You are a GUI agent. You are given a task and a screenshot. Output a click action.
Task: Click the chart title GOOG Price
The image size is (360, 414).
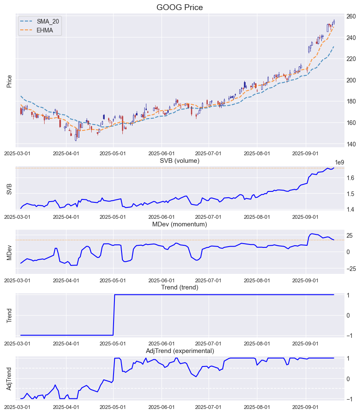(180, 7)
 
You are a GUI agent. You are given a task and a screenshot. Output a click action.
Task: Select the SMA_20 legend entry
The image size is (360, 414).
(46, 21)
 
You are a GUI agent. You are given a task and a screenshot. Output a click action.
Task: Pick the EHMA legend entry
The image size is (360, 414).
(45, 30)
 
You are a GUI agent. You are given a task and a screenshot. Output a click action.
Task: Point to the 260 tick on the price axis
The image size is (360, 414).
(351, 16)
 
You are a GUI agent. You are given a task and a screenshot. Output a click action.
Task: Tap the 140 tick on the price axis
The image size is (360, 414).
(351, 144)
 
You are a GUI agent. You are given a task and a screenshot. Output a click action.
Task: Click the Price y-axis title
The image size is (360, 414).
(9, 81)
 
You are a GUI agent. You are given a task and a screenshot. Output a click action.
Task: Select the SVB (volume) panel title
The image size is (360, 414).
(180, 161)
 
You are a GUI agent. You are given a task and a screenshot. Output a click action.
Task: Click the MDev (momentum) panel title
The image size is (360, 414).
(180, 224)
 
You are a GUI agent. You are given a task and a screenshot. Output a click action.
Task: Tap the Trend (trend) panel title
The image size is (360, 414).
(180, 287)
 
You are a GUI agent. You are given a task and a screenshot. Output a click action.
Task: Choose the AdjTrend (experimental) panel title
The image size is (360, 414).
(180, 351)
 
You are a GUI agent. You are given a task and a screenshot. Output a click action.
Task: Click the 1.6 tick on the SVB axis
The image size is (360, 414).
(351, 178)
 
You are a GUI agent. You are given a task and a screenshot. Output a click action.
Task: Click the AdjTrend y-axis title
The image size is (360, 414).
(9, 378)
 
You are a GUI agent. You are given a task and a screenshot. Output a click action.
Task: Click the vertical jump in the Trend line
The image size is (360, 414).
(114, 315)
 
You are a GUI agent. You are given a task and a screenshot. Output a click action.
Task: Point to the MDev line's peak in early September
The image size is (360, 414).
(312, 234)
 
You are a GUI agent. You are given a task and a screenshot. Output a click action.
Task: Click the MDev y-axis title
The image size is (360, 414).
(9, 252)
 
